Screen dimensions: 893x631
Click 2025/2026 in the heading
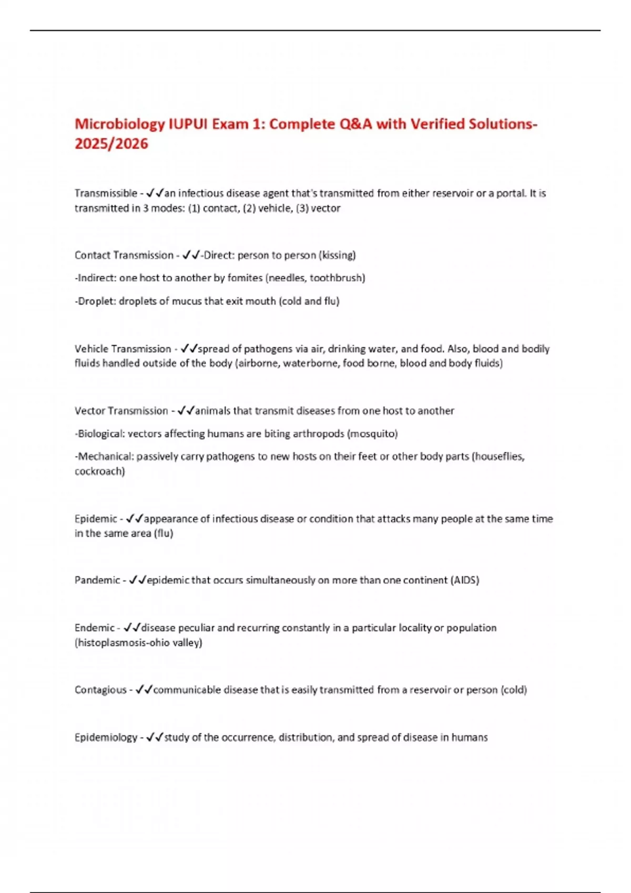coord(111,144)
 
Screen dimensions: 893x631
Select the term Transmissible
coord(106,193)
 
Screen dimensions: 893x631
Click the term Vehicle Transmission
coord(123,349)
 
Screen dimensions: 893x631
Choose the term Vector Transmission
coord(121,411)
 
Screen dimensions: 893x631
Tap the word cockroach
coord(99,471)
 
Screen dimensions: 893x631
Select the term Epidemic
coord(96,519)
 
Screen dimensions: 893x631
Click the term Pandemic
coord(97,580)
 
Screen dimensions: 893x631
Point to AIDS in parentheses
coord(465,580)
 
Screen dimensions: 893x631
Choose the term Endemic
coord(95,628)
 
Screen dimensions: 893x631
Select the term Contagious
coord(100,690)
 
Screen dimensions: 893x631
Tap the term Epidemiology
coord(106,738)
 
